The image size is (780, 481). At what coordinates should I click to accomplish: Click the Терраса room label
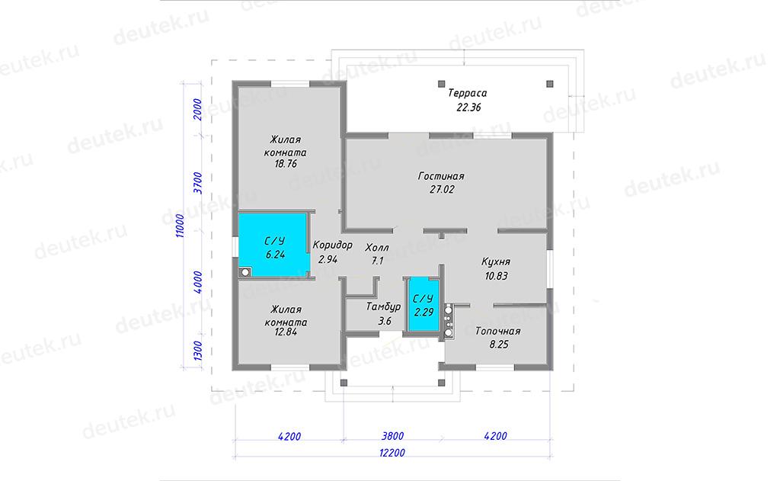coord(467,93)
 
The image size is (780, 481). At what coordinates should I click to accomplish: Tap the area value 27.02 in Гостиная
coord(442,189)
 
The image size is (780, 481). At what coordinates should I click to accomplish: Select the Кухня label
coord(495,262)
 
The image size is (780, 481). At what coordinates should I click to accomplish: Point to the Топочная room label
coord(498,331)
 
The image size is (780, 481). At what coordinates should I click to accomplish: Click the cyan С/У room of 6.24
coord(273,245)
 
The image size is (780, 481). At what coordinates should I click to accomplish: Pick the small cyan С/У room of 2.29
coord(424,305)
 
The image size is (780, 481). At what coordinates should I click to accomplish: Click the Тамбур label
coord(383,307)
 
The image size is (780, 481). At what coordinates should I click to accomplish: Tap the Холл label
coord(377,248)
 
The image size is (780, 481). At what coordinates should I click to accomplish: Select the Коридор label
coord(332,245)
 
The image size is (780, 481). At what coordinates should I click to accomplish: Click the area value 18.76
coord(286,164)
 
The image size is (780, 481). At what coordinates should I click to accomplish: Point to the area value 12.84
coord(286,332)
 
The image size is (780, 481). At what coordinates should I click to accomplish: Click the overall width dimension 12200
coord(392,453)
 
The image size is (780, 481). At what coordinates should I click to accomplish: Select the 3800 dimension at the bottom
coord(392,436)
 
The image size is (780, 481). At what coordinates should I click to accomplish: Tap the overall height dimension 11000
coord(180,226)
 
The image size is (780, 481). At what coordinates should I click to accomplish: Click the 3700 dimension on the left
coord(198,183)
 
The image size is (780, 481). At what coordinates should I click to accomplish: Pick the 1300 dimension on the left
coord(198,351)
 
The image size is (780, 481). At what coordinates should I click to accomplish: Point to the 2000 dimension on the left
coord(198,110)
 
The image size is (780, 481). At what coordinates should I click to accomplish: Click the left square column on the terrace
coord(441,84)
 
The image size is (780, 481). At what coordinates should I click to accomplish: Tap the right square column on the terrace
coord(550,84)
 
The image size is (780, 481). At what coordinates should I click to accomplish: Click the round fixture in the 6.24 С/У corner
coord(245,272)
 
